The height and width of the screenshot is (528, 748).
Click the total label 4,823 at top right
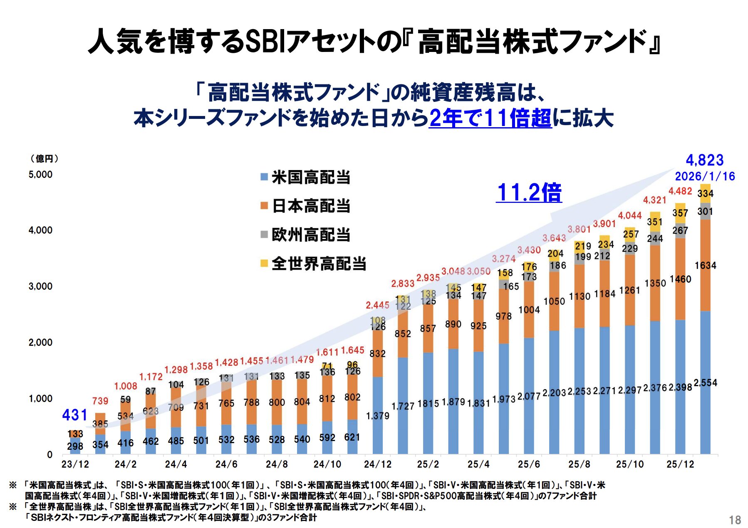click(x=704, y=160)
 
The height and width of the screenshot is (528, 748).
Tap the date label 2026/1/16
click(x=705, y=176)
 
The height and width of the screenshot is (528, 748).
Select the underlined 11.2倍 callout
click(x=529, y=192)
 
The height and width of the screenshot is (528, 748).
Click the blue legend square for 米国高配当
click(x=264, y=177)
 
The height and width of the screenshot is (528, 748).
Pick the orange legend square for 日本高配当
click(x=264, y=205)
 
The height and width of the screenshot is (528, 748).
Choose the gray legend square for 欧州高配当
click(x=264, y=234)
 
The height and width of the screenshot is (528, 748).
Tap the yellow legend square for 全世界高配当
click(x=264, y=263)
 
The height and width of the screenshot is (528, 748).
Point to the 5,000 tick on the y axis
click(x=40, y=175)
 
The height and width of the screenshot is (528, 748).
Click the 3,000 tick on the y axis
click(x=40, y=286)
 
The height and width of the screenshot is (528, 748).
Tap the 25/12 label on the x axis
click(x=680, y=464)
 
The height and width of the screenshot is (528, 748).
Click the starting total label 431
click(x=75, y=415)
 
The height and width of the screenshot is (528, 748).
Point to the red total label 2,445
click(x=377, y=305)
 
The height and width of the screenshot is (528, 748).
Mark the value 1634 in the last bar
click(x=705, y=266)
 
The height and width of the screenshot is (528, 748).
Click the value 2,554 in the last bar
click(x=705, y=383)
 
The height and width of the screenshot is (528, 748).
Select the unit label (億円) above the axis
click(x=45, y=159)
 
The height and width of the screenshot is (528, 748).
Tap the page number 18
click(x=735, y=520)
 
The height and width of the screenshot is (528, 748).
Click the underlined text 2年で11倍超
click(x=490, y=118)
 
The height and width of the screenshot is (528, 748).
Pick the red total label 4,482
click(x=680, y=191)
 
